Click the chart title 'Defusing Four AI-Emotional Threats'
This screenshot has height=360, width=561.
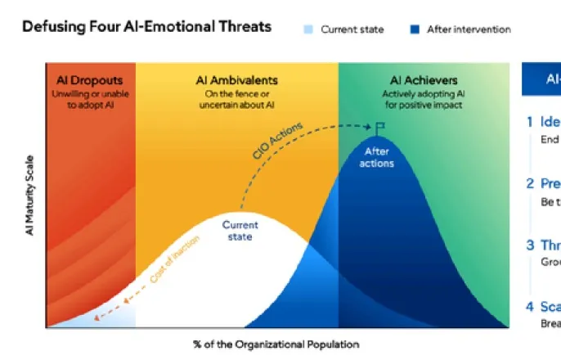(x=146, y=27)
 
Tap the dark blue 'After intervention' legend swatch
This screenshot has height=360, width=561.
(x=415, y=29)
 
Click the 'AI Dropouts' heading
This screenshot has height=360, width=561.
(x=90, y=80)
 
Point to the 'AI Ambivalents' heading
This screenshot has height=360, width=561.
(x=237, y=80)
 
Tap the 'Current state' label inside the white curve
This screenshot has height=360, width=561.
(x=240, y=231)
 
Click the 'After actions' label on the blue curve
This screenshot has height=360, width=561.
(x=377, y=157)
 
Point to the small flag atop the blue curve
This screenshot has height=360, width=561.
(x=379, y=127)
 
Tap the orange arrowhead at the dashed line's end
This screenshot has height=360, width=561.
(x=96, y=317)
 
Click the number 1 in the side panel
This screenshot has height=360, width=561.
(x=530, y=122)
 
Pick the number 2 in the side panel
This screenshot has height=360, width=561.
(x=530, y=183)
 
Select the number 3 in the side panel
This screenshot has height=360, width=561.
(x=530, y=245)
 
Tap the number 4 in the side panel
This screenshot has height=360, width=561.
(x=530, y=307)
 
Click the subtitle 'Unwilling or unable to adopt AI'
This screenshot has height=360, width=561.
(x=90, y=100)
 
